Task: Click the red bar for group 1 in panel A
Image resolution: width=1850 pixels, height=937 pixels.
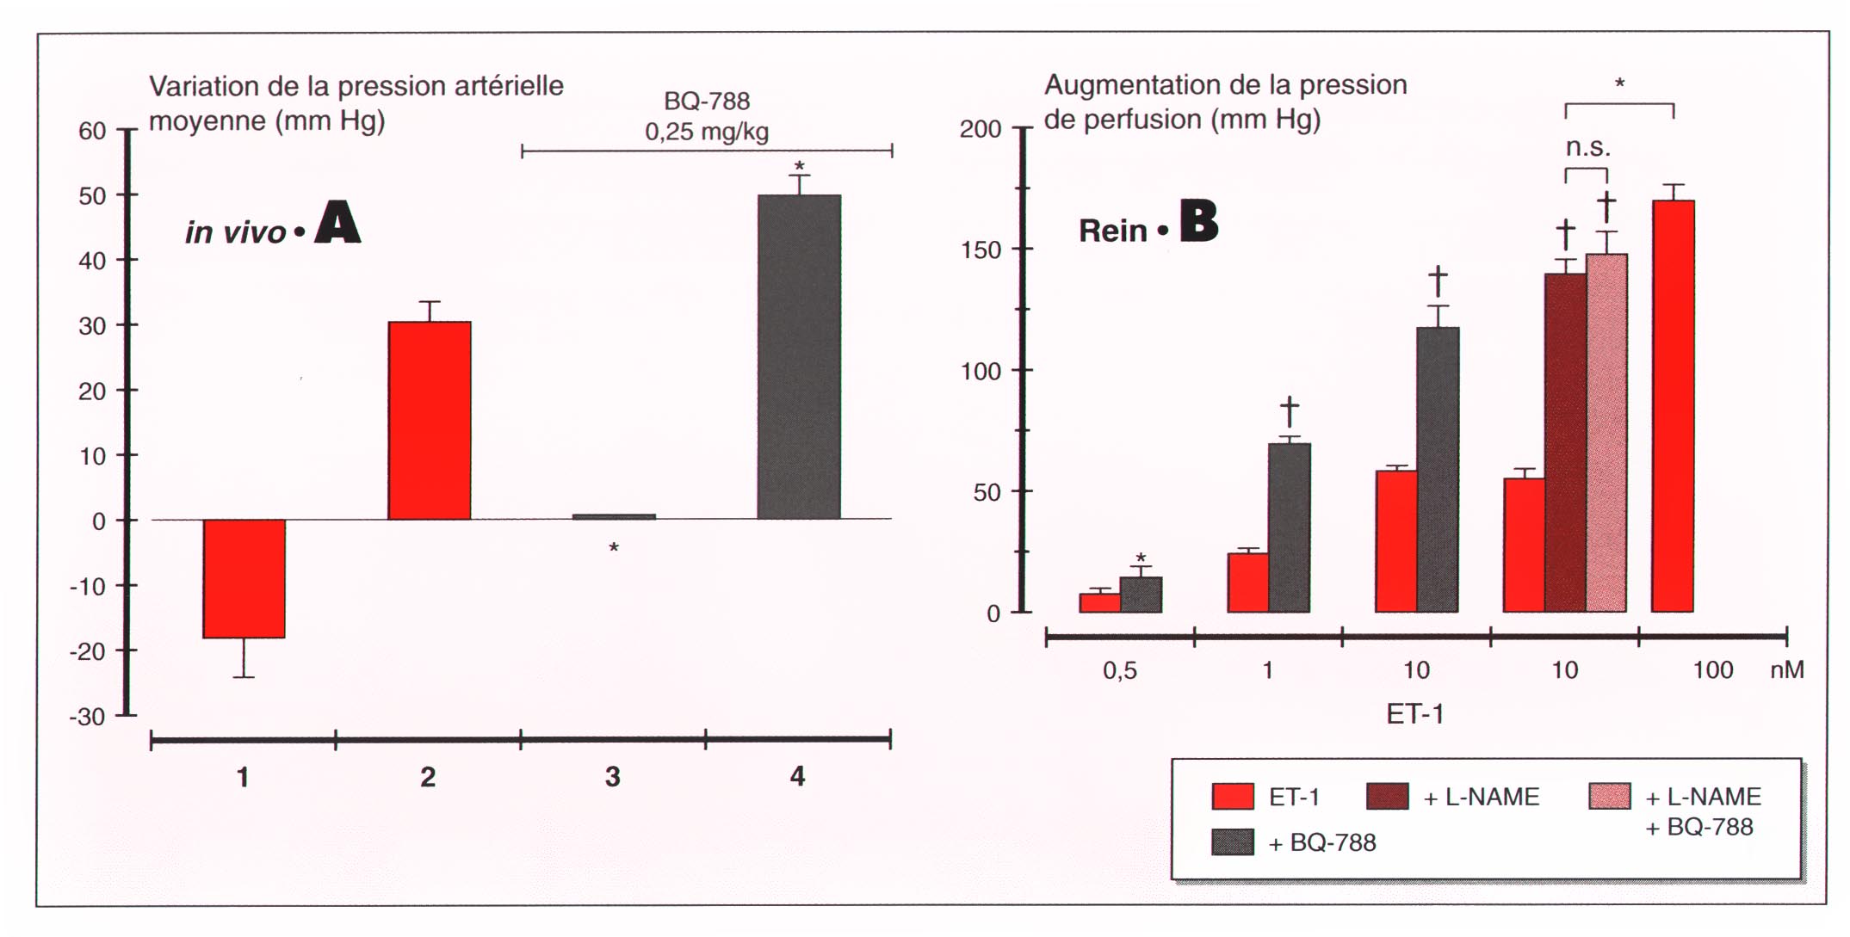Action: pyautogui.click(x=244, y=578)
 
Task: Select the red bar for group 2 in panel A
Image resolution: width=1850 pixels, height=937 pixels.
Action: pyautogui.click(x=429, y=420)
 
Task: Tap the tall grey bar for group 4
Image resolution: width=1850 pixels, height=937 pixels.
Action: pyautogui.click(x=799, y=356)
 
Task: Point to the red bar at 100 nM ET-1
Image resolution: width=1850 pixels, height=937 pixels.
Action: pyautogui.click(x=1673, y=406)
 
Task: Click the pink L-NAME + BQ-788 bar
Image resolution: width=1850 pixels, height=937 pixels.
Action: pyautogui.click(x=1606, y=432)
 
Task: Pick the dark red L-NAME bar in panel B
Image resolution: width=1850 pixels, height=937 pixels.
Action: pyautogui.click(x=1565, y=442)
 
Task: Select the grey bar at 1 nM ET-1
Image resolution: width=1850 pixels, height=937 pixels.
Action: pyautogui.click(x=1289, y=527)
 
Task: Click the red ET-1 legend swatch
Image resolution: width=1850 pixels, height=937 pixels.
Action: pyautogui.click(x=1232, y=797)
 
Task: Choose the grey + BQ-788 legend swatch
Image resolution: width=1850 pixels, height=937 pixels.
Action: pyautogui.click(x=1232, y=841)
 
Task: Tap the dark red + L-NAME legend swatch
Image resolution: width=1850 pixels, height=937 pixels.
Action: pyautogui.click(x=1387, y=797)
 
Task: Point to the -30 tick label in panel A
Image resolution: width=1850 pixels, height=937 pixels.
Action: pyautogui.click(x=88, y=717)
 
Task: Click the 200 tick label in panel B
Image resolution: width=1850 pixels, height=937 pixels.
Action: pyautogui.click(x=981, y=130)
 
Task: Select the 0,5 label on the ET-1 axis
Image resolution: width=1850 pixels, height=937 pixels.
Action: pyautogui.click(x=1119, y=670)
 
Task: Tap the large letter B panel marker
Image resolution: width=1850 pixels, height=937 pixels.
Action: pyautogui.click(x=1198, y=221)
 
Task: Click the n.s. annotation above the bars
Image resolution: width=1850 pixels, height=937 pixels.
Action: pyautogui.click(x=1587, y=148)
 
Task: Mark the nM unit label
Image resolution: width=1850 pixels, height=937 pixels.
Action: pyautogui.click(x=1786, y=670)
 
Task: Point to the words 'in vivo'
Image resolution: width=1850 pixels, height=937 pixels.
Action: pyautogui.click(x=235, y=232)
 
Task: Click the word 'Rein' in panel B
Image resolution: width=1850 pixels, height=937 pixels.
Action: pyautogui.click(x=1112, y=231)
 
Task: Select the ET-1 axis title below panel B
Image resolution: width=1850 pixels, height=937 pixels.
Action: pyautogui.click(x=1414, y=714)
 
